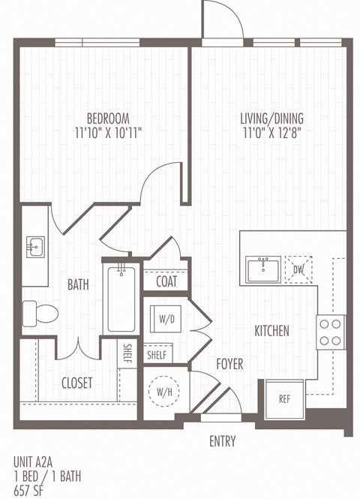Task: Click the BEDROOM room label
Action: click(x=108, y=119)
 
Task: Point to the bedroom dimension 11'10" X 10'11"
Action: click(x=108, y=133)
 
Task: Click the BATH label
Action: click(x=79, y=285)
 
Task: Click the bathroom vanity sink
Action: click(x=35, y=245)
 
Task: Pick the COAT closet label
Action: click(x=166, y=282)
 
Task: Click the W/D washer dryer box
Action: click(x=166, y=318)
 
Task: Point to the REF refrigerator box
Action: click(x=284, y=399)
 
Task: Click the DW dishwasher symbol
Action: click(x=298, y=269)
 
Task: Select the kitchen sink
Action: click(x=263, y=269)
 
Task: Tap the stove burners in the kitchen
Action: click(x=330, y=332)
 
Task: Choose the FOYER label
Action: click(x=230, y=364)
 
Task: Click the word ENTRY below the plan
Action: click(x=223, y=441)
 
